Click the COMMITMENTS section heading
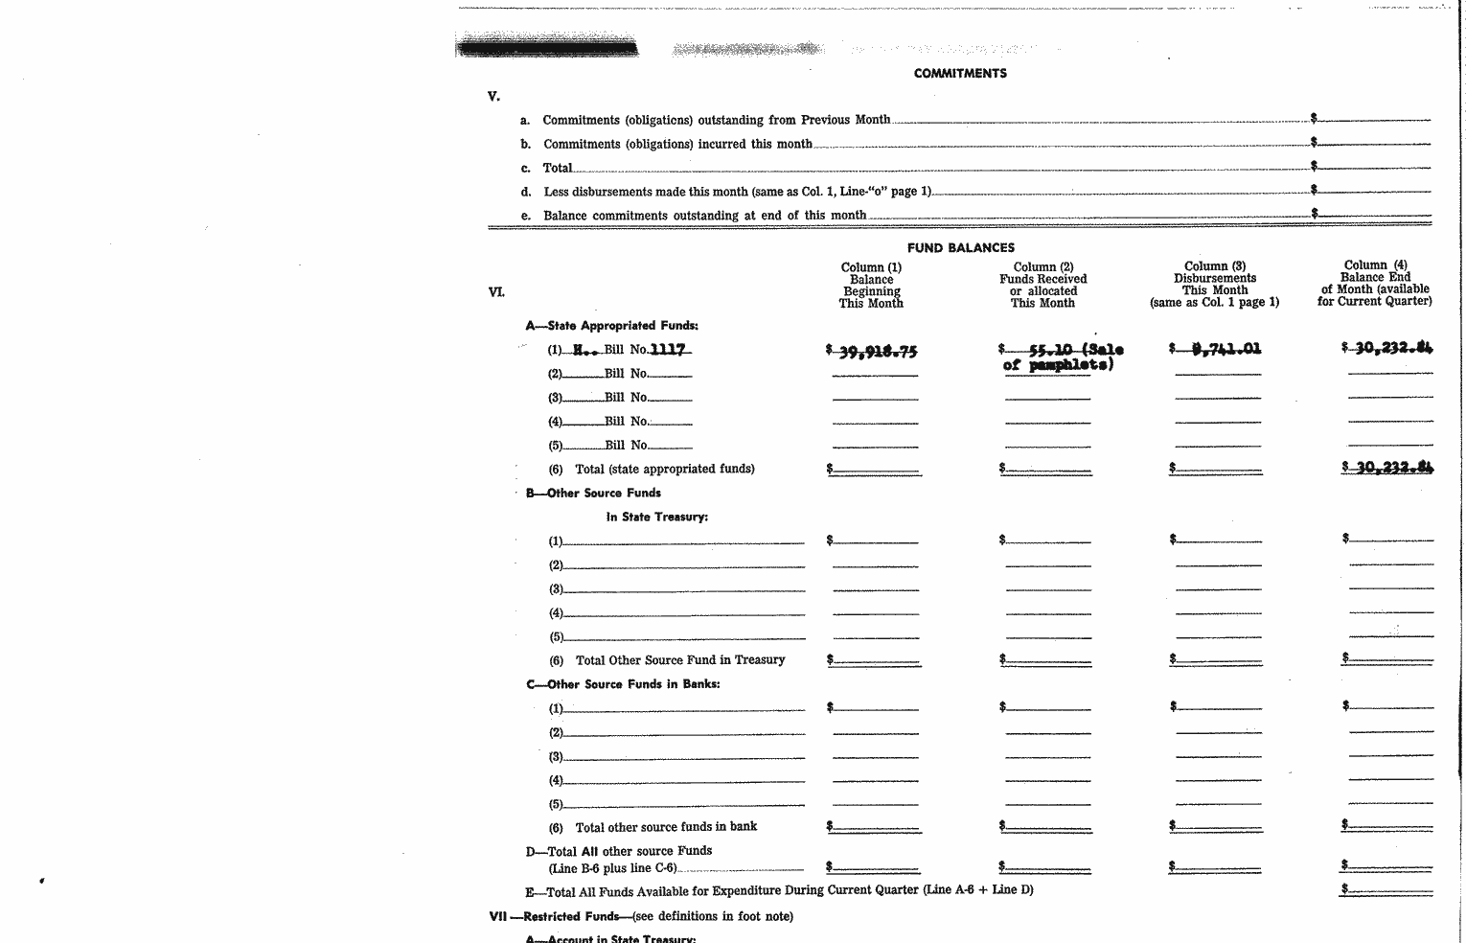(960, 73)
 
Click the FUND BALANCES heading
(960, 247)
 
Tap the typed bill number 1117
(668, 350)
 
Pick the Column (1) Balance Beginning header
(871, 286)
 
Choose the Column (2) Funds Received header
(1042, 286)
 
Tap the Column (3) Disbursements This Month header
(1214, 284)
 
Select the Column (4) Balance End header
(1374, 283)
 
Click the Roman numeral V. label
(493, 96)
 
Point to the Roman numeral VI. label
(496, 291)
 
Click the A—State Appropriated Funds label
(611, 326)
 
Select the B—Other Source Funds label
(593, 493)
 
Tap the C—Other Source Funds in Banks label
(623, 684)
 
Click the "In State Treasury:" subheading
(656, 517)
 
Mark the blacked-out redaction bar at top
(547, 47)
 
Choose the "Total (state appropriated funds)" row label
(664, 469)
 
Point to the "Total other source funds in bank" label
(666, 826)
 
